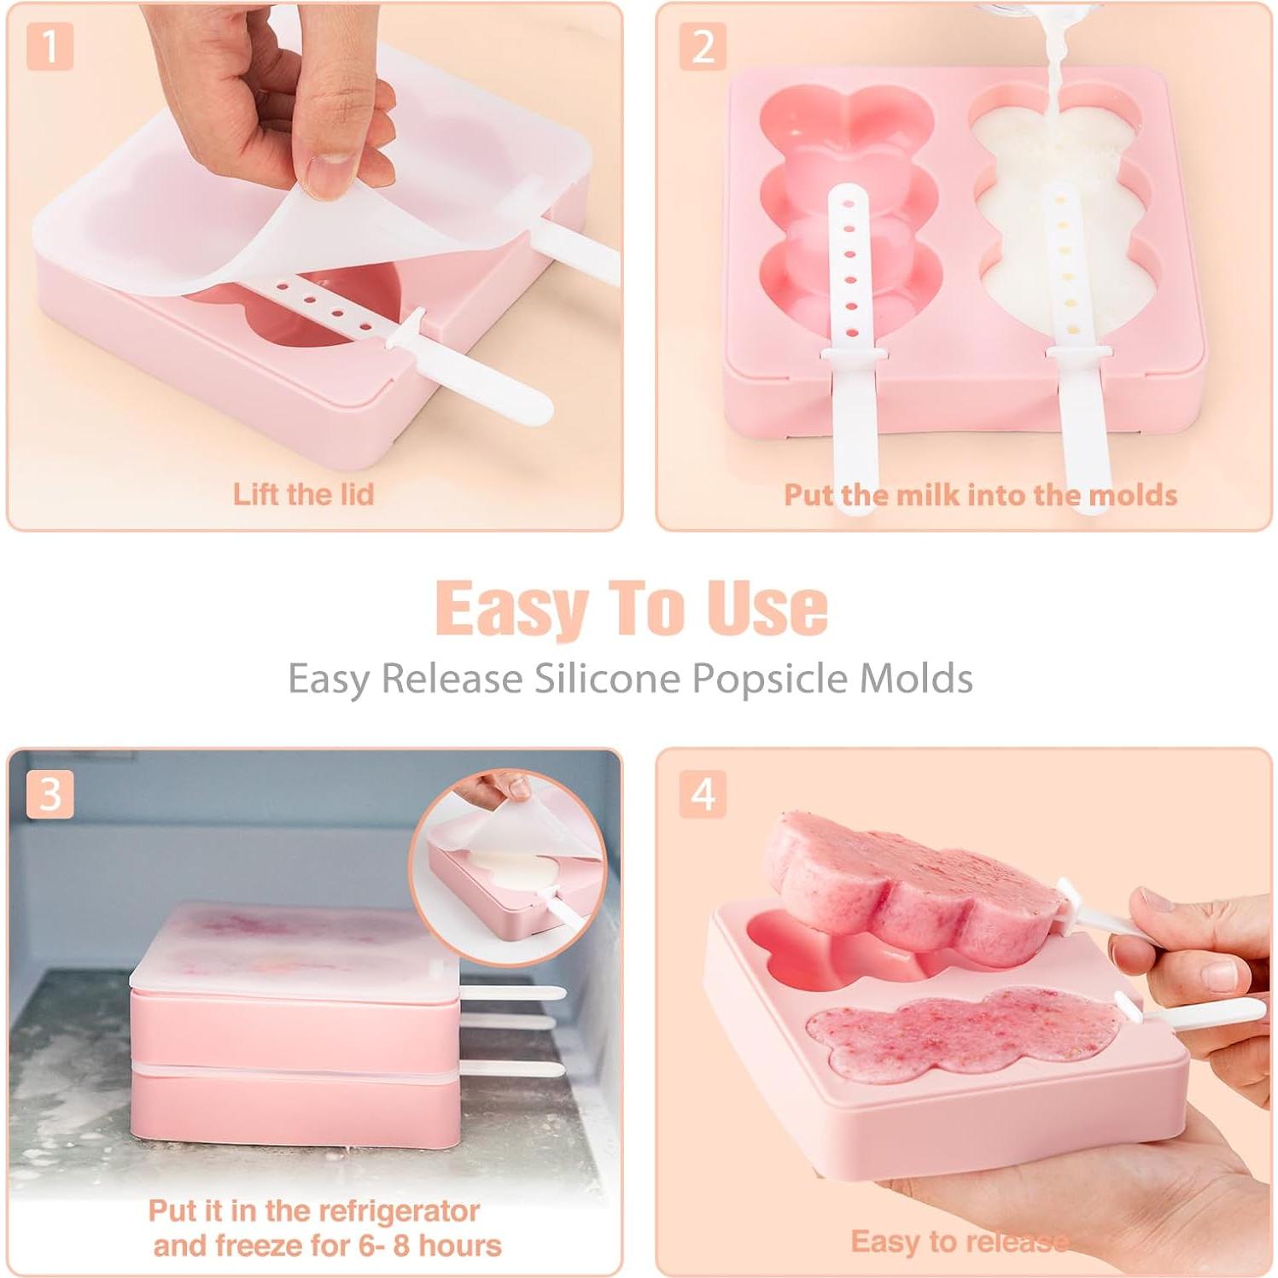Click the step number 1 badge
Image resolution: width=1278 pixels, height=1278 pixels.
coord(50,47)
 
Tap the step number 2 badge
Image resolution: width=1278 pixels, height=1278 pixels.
coord(703,47)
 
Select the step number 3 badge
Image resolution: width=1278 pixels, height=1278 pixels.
coord(50,794)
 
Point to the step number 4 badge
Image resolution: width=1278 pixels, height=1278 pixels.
coord(703,794)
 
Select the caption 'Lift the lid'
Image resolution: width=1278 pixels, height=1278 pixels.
coord(303,494)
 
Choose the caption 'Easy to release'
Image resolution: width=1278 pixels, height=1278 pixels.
coord(960,1241)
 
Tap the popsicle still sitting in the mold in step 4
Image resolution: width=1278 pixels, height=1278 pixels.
coord(965,1033)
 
